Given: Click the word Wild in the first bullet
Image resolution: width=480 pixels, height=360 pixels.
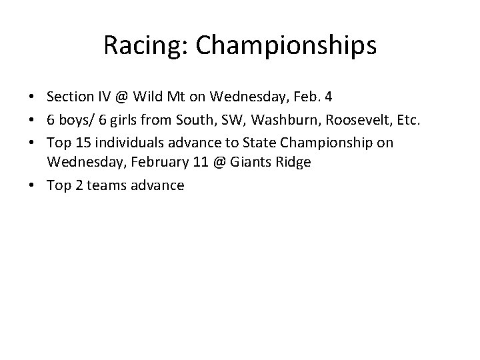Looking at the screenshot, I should tap(147, 96).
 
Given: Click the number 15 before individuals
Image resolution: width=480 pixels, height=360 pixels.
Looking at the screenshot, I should tap(79, 143).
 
